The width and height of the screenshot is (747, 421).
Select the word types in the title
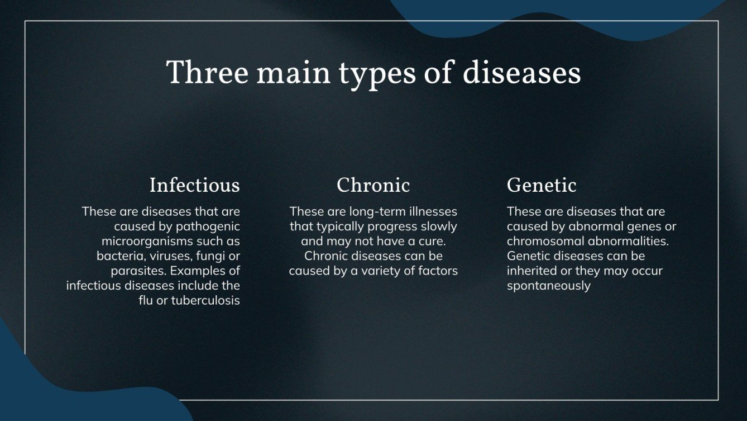coord(377,74)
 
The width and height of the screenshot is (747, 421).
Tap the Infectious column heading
coord(194,185)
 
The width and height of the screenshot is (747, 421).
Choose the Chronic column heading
coord(373,185)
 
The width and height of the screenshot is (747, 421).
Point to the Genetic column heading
coord(541,185)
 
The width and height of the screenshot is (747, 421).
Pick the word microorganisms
coord(156,242)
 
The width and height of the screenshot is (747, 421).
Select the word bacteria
coord(118,256)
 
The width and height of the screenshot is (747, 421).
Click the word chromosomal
coord(541,242)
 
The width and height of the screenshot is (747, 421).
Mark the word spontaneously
coord(548,286)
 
